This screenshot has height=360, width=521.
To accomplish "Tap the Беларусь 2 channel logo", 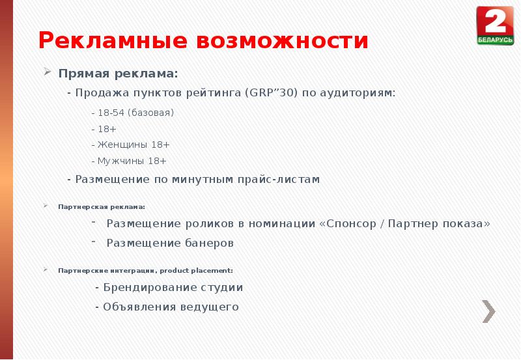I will point(495,25).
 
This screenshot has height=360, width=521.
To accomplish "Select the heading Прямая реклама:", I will point(118,73).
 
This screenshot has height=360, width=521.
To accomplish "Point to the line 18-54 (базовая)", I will point(132,113).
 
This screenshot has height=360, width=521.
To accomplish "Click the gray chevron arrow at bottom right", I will point(488,311).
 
